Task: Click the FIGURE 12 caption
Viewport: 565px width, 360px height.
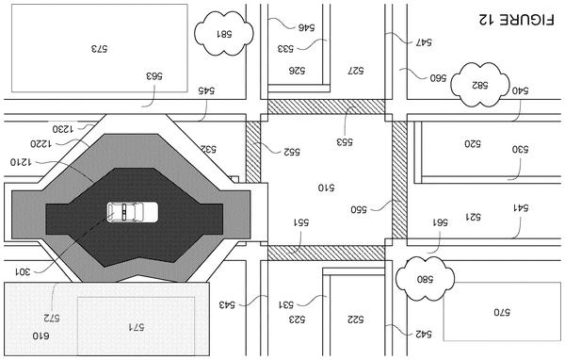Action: click(517, 19)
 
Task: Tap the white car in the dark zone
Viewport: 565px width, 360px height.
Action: click(133, 212)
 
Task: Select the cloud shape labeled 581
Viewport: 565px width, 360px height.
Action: click(224, 33)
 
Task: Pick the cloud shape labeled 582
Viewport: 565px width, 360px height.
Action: click(480, 85)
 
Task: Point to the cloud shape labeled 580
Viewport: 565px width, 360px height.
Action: click(426, 278)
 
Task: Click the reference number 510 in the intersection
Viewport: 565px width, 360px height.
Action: click(326, 188)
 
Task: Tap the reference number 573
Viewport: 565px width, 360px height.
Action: click(99, 48)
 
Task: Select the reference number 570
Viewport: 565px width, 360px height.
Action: click(502, 312)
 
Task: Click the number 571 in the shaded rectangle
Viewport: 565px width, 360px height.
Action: click(137, 327)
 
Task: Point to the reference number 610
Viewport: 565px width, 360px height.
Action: click(41, 335)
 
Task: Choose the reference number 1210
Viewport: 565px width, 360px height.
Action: click(21, 162)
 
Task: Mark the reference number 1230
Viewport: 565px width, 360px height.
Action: click(63, 129)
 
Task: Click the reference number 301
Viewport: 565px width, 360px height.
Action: click(23, 271)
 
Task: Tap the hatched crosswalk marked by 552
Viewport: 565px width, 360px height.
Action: click(253, 152)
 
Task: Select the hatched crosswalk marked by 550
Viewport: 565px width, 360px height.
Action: click(399, 180)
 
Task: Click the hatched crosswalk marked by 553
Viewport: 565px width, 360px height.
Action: click(327, 106)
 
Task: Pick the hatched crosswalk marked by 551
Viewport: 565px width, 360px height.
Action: click(327, 253)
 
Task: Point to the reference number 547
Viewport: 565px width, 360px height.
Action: click(424, 42)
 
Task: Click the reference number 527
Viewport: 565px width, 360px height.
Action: click(356, 71)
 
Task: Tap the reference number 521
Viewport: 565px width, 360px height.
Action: click(473, 217)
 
